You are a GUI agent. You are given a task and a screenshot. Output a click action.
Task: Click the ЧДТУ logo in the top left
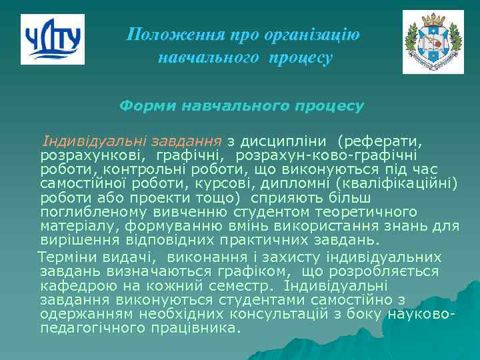coord(53,39)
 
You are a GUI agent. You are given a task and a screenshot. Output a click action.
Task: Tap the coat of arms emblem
coord(433,42)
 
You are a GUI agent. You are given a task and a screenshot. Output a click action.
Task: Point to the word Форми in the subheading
coord(141,106)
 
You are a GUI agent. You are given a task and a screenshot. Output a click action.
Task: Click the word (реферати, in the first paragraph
coord(380,141)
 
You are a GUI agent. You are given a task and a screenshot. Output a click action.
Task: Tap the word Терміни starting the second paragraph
coord(65,257)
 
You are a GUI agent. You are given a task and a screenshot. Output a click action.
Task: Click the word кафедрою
coord(71,285)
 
